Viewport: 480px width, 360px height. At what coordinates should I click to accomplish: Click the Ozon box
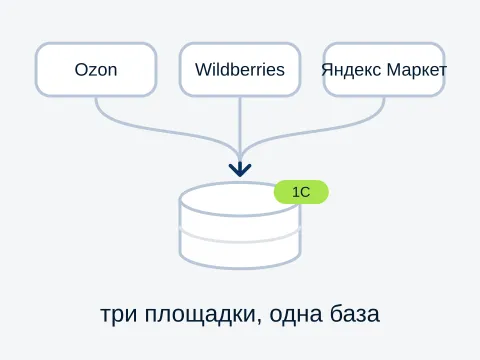pyautogui.click(x=96, y=70)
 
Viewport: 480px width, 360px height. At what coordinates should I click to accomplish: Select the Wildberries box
pyautogui.click(x=240, y=70)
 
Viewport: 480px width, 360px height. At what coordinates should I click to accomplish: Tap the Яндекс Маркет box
pyautogui.click(x=384, y=70)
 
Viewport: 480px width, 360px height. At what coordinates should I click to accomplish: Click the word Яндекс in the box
pyautogui.click(x=351, y=70)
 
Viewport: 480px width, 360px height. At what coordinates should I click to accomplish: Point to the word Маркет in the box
pyautogui.click(x=417, y=70)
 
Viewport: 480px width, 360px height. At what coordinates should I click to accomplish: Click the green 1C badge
pyautogui.click(x=301, y=192)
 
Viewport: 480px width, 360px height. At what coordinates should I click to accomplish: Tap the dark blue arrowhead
pyautogui.click(x=240, y=169)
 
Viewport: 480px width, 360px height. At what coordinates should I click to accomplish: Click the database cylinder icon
pyautogui.click(x=240, y=225)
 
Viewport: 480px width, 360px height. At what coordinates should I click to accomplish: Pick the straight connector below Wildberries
pyautogui.click(x=240, y=130)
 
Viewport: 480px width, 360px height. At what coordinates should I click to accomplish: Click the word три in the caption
pyautogui.click(x=119, y=315)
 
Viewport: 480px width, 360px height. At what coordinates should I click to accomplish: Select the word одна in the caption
pyautogui.click(x=296, y=314)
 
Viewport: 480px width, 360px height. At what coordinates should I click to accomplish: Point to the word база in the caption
pyautogui.click(x=355, y=313)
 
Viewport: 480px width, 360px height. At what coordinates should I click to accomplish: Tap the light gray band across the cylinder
pyautogui.click(x=240, y=238)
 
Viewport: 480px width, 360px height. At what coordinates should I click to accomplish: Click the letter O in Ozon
pyautogui.click(x=81, y=70)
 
